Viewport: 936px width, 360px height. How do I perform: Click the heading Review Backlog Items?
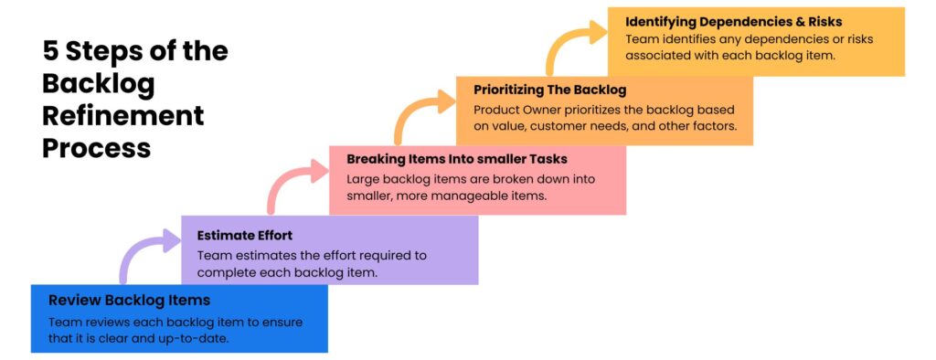[x=129, y=300]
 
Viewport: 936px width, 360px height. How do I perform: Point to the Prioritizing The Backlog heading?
[x=549, y=90]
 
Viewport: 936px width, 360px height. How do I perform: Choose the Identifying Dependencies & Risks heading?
[x=733, y=20]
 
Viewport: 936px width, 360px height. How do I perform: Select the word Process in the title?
[x=96, y=147]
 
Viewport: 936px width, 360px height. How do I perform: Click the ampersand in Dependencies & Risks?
[x=800, y=20]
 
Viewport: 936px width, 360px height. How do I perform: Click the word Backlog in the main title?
[x=99, y=84]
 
